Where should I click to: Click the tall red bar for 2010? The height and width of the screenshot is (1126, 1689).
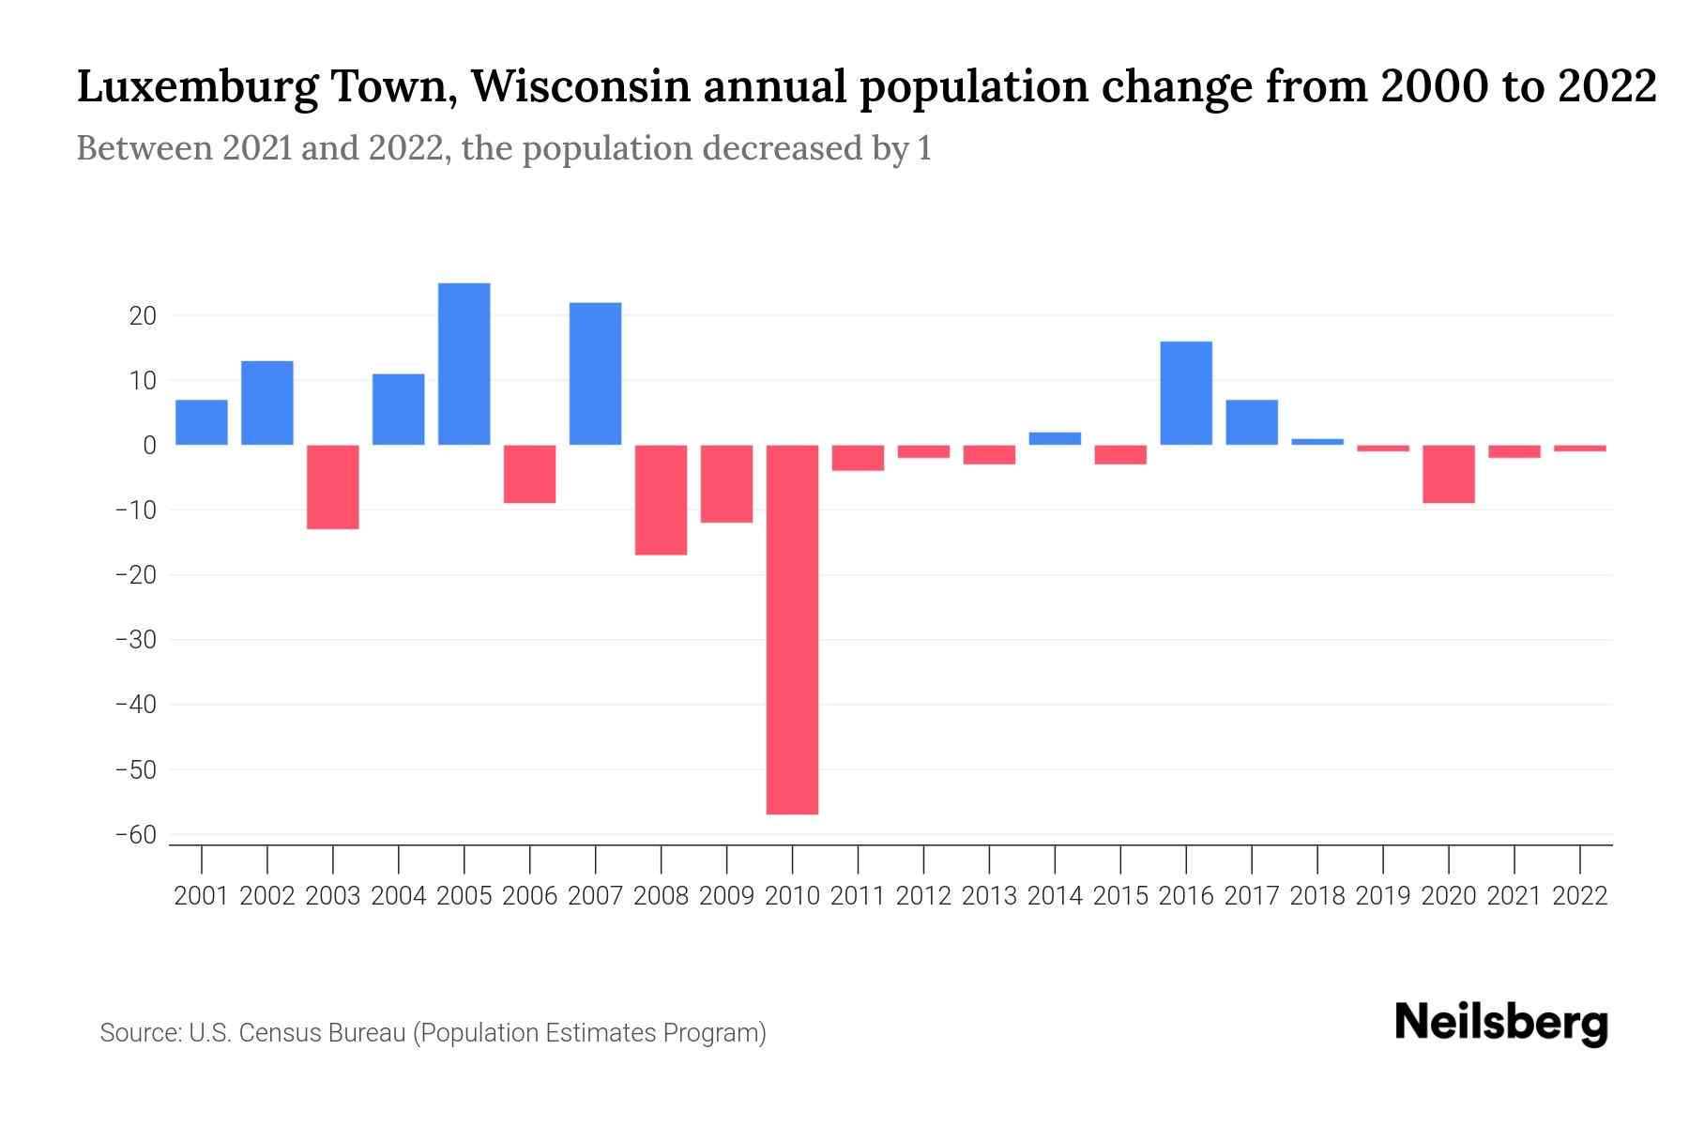(792, 629)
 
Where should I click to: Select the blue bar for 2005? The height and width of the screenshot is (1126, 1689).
(464, 364)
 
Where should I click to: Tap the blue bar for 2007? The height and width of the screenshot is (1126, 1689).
(595, 373)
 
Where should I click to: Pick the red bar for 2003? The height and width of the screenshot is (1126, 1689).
(332, 487)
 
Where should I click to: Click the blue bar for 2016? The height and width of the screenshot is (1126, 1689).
(1186, 393)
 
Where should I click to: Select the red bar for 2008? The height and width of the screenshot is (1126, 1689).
(661, 500)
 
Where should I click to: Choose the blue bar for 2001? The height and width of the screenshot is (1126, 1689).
(202, 422)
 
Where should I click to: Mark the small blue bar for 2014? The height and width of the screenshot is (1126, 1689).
(1055, 438)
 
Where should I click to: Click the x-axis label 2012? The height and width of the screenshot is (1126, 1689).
(923, 896)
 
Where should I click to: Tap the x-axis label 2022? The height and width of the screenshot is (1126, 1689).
(1580, 896)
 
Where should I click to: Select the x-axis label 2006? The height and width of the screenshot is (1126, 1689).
(529, 896)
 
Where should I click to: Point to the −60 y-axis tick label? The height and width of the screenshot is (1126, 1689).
(135, 835)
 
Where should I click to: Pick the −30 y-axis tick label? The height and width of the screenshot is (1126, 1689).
(135, 640)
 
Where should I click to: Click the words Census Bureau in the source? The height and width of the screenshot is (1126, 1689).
(322, 1033)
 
